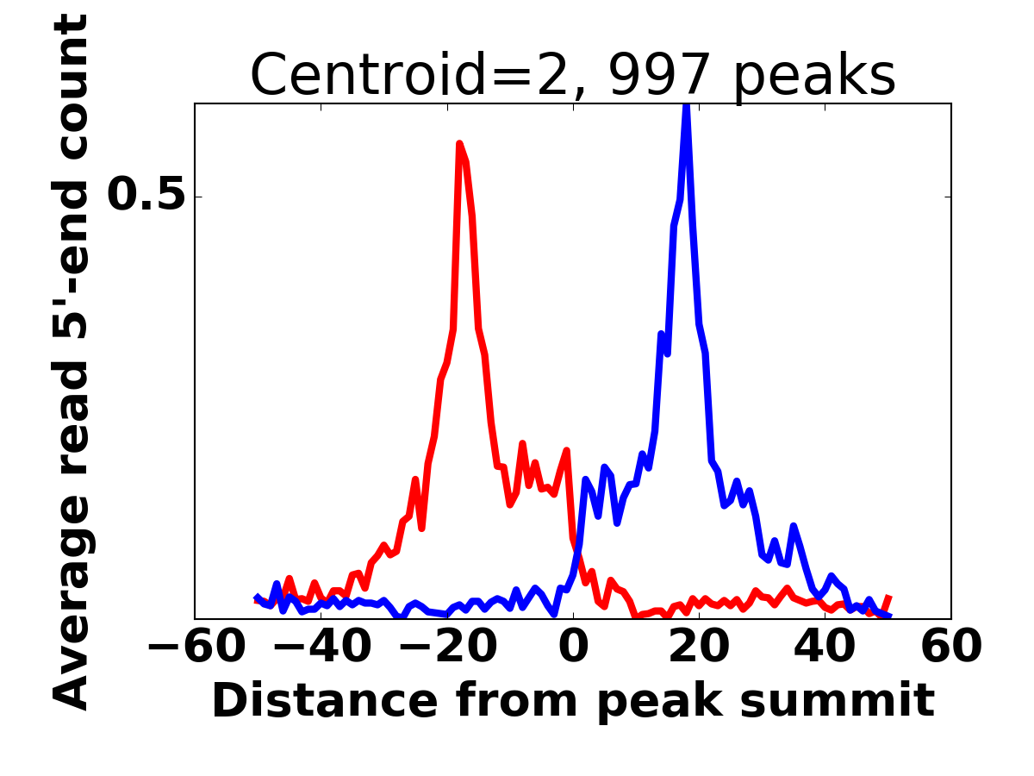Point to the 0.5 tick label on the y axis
[x=146, y=197]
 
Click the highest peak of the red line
[x=459, y=144]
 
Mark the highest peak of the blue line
[x=687, y=106]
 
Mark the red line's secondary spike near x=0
[x=566, y=450]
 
